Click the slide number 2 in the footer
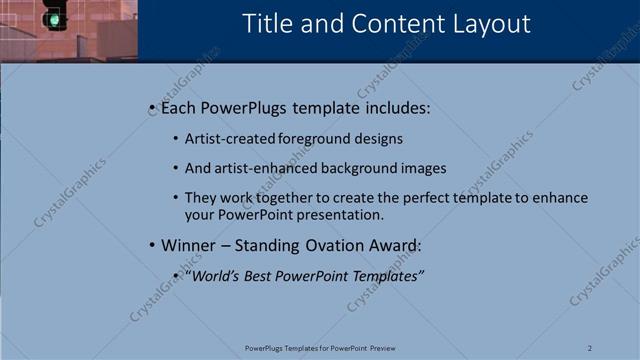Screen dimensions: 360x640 (x=590, y=348)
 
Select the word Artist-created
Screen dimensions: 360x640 (x=226, y=139)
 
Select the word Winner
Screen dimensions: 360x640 (x=188, y=245)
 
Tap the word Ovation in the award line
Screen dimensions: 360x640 (x=337, y=245)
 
